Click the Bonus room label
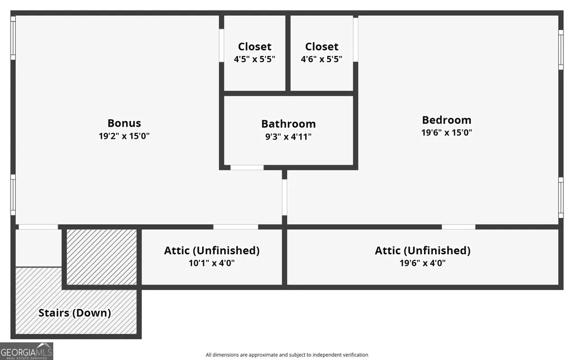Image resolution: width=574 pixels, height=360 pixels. coord(124,123)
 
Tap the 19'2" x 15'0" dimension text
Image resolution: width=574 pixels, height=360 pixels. coord(124,136)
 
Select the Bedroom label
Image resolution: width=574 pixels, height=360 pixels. coord(447,120)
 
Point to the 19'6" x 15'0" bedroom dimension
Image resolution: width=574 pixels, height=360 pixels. coord(447,133)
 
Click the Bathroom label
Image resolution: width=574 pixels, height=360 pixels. coord(288,124)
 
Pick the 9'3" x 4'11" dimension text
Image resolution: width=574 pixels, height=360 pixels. coord(288,137)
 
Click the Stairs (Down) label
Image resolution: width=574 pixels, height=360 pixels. coord(74,313)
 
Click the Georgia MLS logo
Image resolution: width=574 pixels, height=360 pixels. coord(26,351)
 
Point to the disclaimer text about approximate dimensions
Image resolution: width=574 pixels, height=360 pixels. coord(287,355)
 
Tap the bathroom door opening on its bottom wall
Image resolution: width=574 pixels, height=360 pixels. coord(247,167)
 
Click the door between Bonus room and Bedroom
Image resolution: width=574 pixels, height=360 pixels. coord(284,197)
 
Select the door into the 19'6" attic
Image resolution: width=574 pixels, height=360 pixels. coord(458,227)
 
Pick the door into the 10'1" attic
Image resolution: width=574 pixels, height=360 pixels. coord(236,227)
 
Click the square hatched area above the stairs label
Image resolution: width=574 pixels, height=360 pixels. coord(102,257)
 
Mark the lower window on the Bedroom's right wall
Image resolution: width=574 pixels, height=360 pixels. coord(561,198)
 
